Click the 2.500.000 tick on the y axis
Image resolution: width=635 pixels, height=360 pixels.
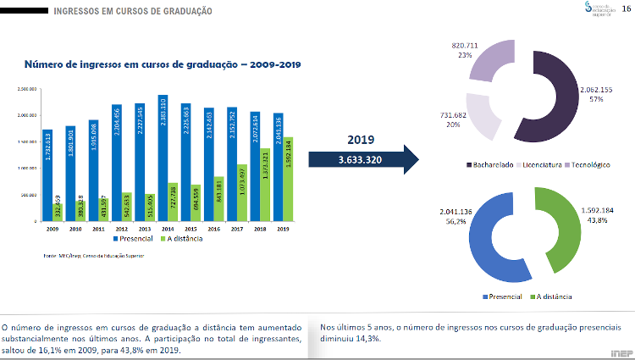coord(28,88)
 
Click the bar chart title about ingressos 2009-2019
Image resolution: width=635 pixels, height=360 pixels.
coord(162,64)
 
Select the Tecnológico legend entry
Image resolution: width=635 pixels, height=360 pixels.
coord(594,164)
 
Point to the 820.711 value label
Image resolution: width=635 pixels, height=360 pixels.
coord(466,44)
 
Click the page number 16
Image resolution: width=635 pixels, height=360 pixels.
coord(626,8)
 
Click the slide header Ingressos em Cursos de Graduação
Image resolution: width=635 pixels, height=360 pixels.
coord(133,11)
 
